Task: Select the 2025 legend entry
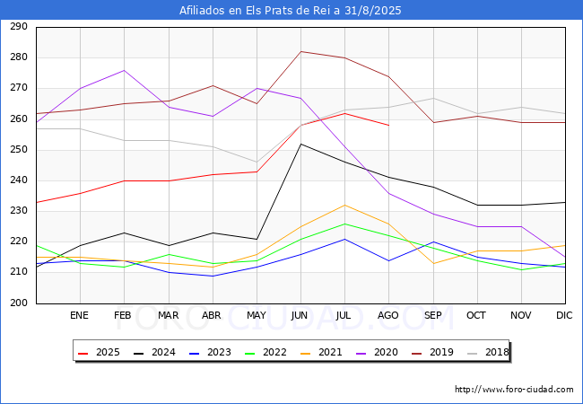(99, 352)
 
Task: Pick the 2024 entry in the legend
(154, 352)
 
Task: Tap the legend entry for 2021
(321, 352)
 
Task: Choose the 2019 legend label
(432, 352)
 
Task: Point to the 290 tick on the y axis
(19, 27)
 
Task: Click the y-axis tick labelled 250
(19, 150)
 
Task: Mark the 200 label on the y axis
(19, 303)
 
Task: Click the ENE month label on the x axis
(79, 315)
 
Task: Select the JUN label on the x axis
(300, 315)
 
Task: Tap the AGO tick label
(387, 315)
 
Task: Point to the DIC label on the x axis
(564, 315)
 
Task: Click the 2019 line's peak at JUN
(300, 51)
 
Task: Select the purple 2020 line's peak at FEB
(124, 70)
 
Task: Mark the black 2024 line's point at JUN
(300, 144)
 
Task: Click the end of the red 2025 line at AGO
(389, 126)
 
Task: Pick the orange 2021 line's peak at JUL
(345, 205)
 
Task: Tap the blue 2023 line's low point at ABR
(213, 276)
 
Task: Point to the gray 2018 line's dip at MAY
(257, 162)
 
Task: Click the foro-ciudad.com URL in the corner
(514, 390)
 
